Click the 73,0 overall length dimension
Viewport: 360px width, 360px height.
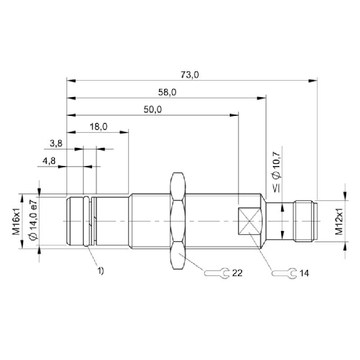coord(190,75)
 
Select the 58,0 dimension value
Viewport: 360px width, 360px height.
coord(167,92)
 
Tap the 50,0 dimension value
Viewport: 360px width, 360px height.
coord(153,110)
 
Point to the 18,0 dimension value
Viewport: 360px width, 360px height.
coord(98,126)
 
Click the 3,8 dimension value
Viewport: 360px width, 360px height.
coord(56,144)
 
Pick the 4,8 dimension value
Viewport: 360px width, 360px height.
coord(49,161)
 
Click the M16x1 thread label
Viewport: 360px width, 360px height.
coord(16,222)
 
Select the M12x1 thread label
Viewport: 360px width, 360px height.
coord(339,222)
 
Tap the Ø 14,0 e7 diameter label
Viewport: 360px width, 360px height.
coord(33,220)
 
